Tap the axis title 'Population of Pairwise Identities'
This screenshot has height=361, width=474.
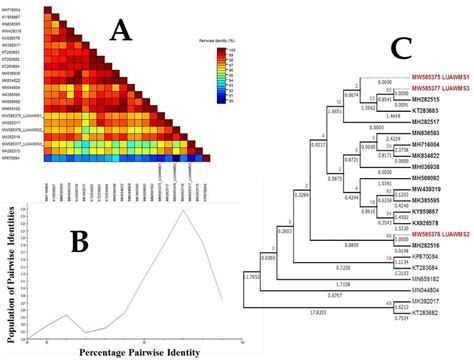(9, 267)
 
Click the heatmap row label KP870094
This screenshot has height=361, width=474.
(19, 157)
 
